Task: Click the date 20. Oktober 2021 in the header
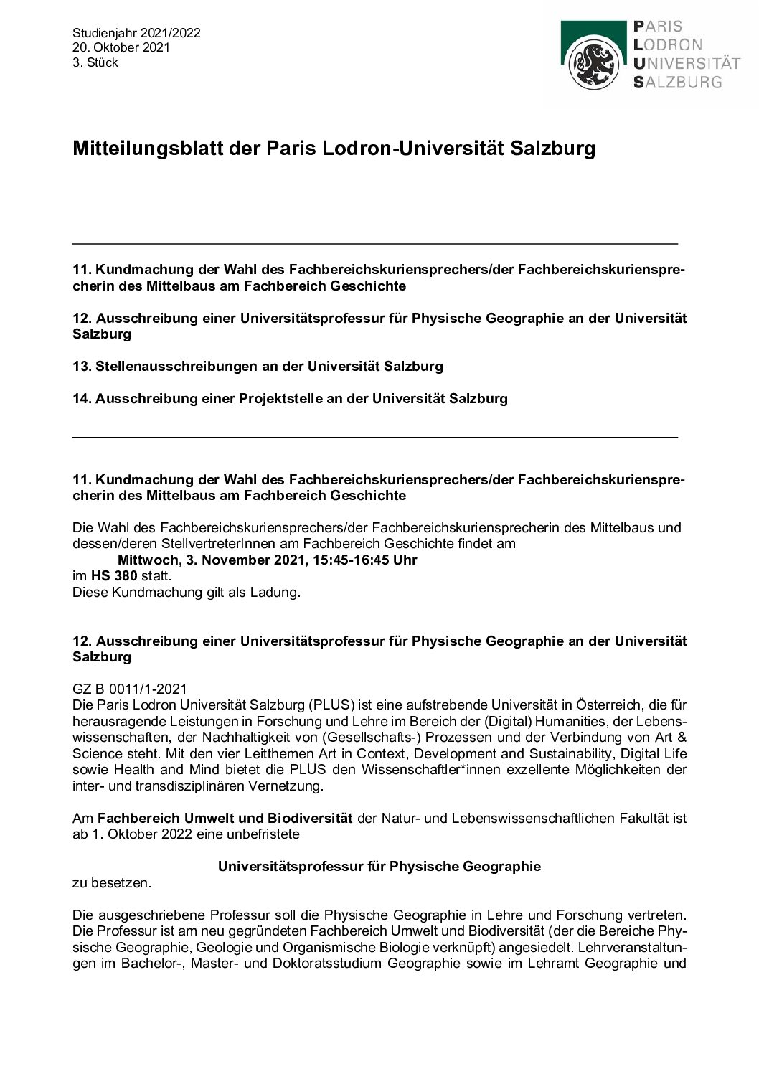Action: pos(121,47)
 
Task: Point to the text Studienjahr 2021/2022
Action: pos(136,33)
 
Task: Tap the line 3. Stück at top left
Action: pos(95,62)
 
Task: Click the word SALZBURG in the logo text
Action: pos(677,82)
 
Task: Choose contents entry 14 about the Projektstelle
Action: pos(290,399)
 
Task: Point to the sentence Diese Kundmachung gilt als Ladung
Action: pos(186,593)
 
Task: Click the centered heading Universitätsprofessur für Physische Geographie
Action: pos(379,867)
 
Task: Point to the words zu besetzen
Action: pos(112,883)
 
